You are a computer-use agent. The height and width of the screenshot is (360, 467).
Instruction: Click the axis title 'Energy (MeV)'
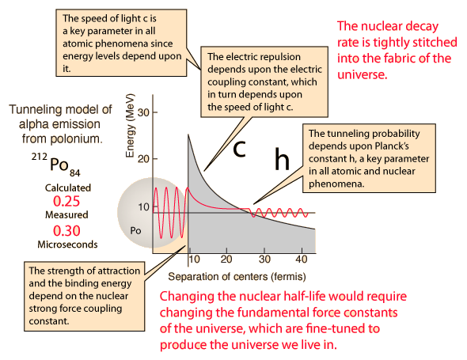[130, 126]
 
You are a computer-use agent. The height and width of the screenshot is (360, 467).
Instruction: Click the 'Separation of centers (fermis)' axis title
[237, 277]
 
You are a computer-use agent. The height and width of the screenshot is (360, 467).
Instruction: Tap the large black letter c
[240, 149]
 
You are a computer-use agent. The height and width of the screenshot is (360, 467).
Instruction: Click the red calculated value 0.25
[66, 201]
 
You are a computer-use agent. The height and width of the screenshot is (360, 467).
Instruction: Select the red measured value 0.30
[66, 231]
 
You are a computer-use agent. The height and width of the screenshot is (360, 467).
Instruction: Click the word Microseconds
[67, 244]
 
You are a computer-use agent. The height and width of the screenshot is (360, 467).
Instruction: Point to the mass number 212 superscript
[40, 157]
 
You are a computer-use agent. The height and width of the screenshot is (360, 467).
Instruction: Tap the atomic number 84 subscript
[75, 172]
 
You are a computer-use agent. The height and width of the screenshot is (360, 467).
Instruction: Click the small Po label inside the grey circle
[135, 231]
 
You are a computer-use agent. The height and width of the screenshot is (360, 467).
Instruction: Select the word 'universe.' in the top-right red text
[363, 74]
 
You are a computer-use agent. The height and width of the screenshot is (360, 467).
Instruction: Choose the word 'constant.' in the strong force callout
[49, 321]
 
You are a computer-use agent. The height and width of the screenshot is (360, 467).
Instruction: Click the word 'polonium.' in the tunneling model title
[63, 138]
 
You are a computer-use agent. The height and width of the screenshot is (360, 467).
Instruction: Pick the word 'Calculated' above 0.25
[68, 188]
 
